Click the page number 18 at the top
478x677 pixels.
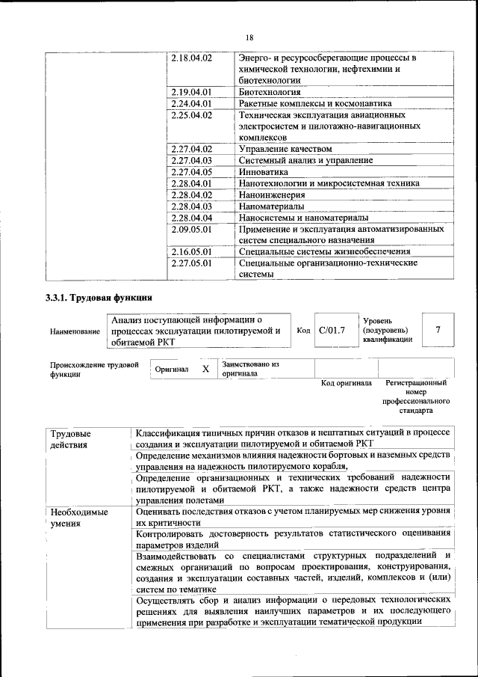249,37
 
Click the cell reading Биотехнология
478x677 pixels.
270,92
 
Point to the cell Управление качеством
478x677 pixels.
285,149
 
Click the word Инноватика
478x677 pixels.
263,171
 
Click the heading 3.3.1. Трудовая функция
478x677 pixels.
99,298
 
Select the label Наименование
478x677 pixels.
75,331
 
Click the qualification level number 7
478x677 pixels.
438,330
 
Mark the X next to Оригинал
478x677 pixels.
205,369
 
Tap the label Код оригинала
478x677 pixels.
346,383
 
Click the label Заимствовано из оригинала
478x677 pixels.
249,369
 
